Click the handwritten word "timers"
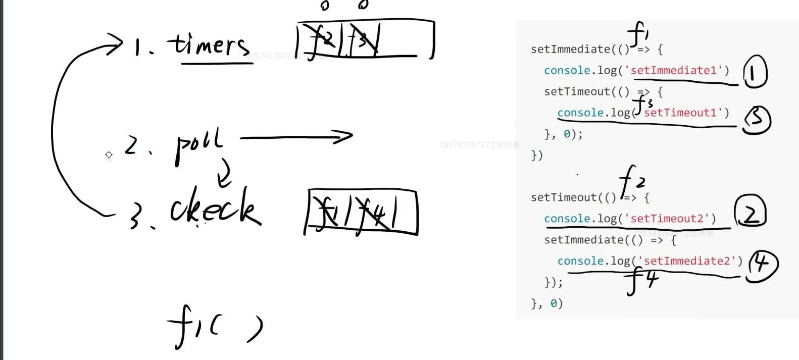tap(210, 45)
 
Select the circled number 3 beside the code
tap(756, 119)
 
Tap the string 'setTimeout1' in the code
tap(684, 113)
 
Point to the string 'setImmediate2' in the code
tap(690, 261)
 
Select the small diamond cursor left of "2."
tap(109, 155)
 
